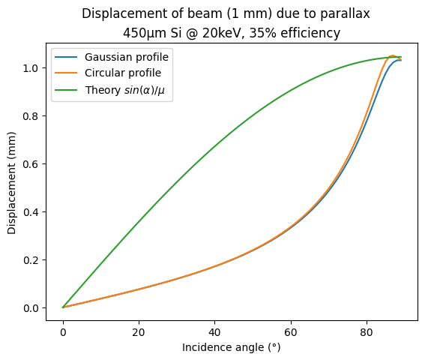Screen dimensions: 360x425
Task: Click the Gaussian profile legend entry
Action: (x=126, y=57)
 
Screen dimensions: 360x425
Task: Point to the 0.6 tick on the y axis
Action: (x=34, y=163)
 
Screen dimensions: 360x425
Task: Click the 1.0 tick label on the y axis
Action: (x=34, y=67)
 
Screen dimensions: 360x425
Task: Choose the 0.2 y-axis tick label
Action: (x=34, y=259)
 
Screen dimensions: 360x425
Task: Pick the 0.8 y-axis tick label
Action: (x=34, y=115)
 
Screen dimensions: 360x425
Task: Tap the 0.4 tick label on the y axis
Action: (x=34, y=211)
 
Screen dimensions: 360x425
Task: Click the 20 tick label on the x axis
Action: (x=139, y=331)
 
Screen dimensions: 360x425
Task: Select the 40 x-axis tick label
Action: (x=214, y=331)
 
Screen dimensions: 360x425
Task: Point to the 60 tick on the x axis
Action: (x=290, y=331)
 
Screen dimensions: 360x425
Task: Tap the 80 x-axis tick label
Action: (x=366, y=331)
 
